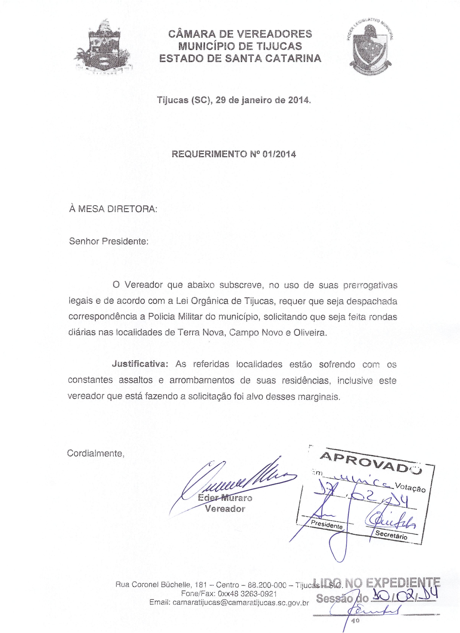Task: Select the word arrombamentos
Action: click(x=202, y=380)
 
